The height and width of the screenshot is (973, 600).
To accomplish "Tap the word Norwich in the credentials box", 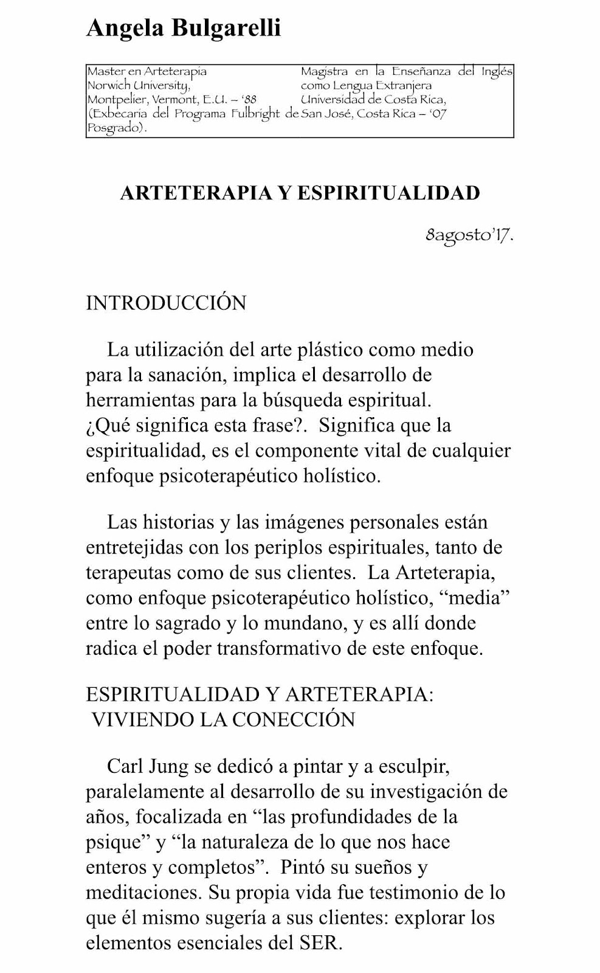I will pos(106,86).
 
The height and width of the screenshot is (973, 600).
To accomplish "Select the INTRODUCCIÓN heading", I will pos(166,303).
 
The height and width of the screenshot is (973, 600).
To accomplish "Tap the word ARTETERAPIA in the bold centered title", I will pos(196,193).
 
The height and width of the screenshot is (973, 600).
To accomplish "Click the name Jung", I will pos(171,766).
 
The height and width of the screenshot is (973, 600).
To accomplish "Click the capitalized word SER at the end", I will pos(320,943).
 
